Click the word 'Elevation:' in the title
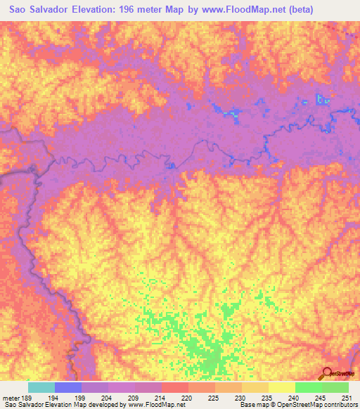[99, 10]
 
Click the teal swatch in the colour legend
[41, 387]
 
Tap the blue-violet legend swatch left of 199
[68, 387]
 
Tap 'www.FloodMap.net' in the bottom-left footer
[150, 405]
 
